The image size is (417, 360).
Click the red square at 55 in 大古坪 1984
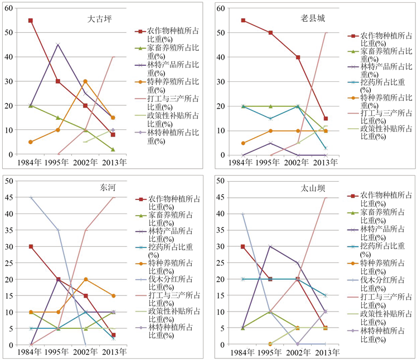click(x=31, y=21)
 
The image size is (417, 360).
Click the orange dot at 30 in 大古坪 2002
click(x=85, y=81)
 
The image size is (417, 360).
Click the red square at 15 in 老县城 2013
click(x=325, y=118)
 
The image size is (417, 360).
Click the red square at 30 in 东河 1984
click(x=31, y=246)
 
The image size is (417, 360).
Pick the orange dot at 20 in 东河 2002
click(x=85, y=279)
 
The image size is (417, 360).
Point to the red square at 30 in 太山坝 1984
click(x=243, y=246)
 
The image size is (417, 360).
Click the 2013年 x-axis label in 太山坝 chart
click(x=325, y=353)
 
